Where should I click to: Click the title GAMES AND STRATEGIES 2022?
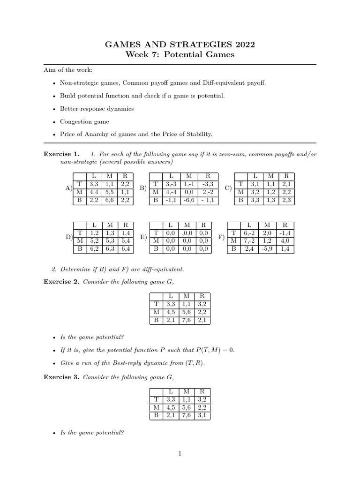tap(180, 45)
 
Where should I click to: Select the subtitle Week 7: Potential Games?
tap(180, 55)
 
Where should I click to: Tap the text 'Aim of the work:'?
tap(65, 70)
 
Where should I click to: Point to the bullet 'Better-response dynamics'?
tap(97, 108)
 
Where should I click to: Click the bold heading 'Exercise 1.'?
tap(61, 154)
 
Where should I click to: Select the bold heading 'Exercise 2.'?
tap(61, 282)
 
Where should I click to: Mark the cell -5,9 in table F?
tap(268, 249)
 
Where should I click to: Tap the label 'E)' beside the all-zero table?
tap(144, 238)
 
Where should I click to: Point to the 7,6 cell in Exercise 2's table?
tap(186, 321)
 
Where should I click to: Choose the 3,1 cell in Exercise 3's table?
tap(202, 415)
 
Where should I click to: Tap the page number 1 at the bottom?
tap(180, 453)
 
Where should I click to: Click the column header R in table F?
tap(285, 225)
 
